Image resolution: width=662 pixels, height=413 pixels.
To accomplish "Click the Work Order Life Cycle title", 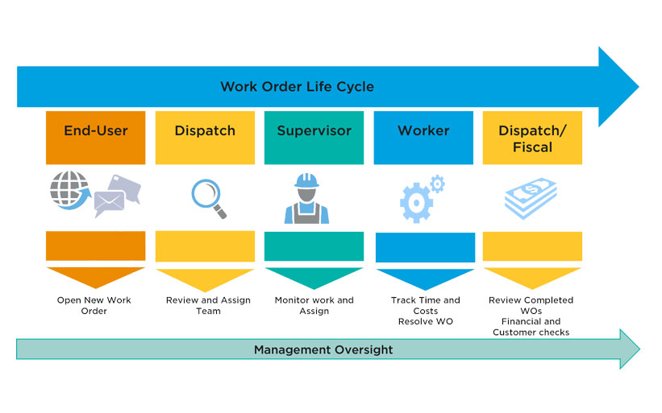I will [x=297, y=87].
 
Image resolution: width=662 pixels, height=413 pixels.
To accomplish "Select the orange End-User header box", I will [x=96, y=137].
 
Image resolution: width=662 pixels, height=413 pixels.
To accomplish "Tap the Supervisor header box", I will [x=314, y=137].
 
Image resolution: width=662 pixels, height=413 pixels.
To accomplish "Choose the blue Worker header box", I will [x=423, y=137].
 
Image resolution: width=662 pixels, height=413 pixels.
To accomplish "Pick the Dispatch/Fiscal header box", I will [x=532, y=138].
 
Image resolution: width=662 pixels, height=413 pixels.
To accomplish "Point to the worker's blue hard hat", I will [x=306, y=180].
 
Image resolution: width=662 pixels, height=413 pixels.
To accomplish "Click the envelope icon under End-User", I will [x=110, y=204].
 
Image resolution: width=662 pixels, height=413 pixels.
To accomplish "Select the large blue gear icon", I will [x=416, y=202].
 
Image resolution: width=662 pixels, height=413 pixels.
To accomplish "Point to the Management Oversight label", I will [x=323, y=350].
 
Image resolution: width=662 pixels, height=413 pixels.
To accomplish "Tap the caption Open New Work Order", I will [x=94, y=305].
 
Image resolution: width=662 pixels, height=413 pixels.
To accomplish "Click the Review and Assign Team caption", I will [x=208, y=305].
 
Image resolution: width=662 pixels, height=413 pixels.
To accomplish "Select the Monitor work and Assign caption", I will [x=314, y=305].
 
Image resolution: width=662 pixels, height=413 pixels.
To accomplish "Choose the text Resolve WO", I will [x=425, y=321].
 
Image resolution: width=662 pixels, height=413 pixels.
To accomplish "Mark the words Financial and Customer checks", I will [x=531, y=327].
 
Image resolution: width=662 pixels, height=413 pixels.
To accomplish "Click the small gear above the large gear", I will [x=437, y=184].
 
